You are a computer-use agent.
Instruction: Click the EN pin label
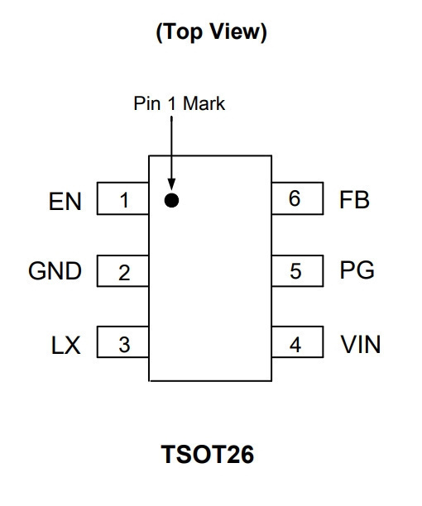[65, 202]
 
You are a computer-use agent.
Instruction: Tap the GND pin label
[55, 270]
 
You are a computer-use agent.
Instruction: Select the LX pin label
[66, 346]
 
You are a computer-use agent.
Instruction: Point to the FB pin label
[354, 200]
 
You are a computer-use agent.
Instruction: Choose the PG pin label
[357, 270]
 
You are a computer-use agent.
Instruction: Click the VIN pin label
[361, 345]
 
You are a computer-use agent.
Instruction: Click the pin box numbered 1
[123, 198]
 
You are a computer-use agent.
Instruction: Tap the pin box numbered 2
[123, 270]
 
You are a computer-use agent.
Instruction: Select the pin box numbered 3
[123, 342]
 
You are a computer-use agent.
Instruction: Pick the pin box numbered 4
[297, 341]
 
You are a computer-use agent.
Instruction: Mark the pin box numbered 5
[297, 270]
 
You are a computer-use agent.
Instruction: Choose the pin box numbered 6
[297, 198]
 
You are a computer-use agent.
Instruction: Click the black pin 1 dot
[171, 200]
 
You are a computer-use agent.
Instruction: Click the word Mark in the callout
[204, 103]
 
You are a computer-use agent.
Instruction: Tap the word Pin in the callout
[147, 103]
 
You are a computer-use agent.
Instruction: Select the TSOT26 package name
[208, 454]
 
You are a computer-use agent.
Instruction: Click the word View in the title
[238, 31]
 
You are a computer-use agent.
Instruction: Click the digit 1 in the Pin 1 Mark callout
[172, 103]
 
